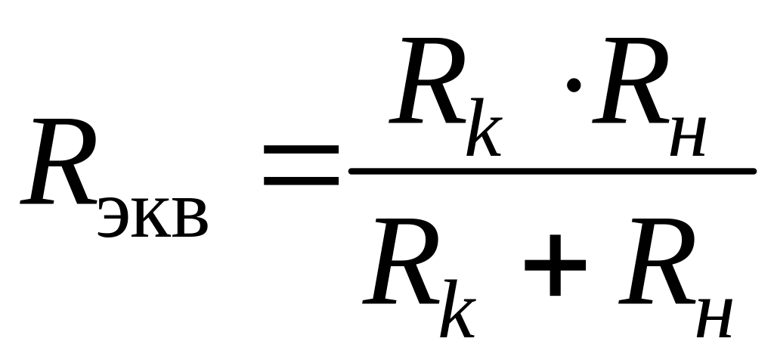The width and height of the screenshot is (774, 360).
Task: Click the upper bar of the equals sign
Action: point(301,150)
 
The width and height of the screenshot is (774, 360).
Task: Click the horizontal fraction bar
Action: point(552,172)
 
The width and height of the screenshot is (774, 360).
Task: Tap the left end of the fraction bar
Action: point(354,172)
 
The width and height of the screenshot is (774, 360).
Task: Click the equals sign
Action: point(301,166)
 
